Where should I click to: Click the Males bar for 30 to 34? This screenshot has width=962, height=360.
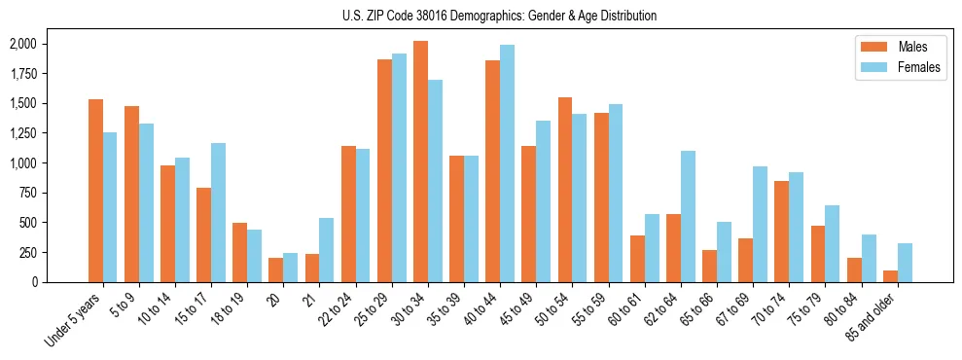tap(420, 162)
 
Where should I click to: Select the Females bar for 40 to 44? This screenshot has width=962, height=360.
tap(507, 163)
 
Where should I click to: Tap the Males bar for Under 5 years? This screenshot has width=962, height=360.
tap(95, 191)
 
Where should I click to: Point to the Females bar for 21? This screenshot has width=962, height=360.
tap(327, 250)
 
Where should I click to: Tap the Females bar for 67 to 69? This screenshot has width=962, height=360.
tap(760, 224)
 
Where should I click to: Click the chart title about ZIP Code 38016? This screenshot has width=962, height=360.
tap(500, 16)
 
